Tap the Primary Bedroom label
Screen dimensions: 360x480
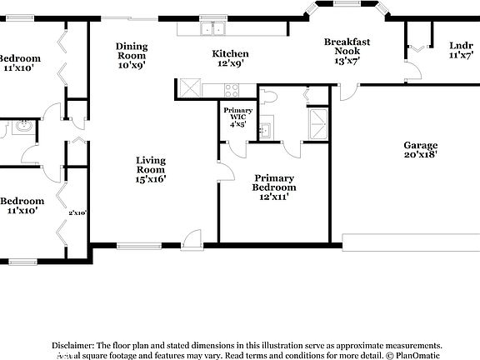[274, 182]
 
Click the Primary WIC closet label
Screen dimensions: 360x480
[238, 117]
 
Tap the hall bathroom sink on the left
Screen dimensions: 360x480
[22, 127]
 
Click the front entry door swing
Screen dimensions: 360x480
[192, 238]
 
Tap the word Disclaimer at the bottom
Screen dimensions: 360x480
[73, 344]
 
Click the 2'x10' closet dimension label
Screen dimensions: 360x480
[77, 212]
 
